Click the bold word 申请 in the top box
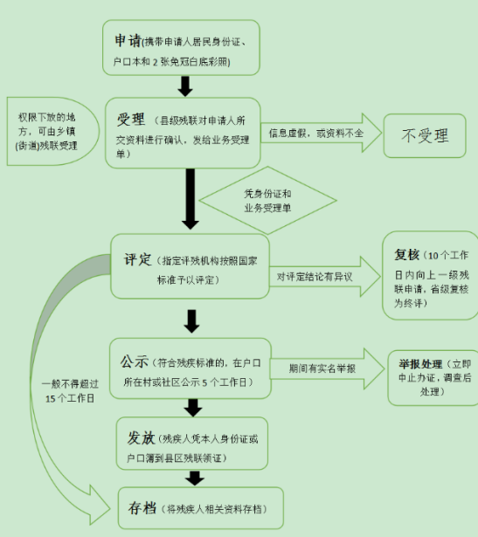click(x=129, y=40)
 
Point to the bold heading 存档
click(x=141, y=507)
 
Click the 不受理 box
click(x=425, y=135)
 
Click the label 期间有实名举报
click(x=323, y=368)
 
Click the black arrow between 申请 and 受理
click(x=184, y=86)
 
